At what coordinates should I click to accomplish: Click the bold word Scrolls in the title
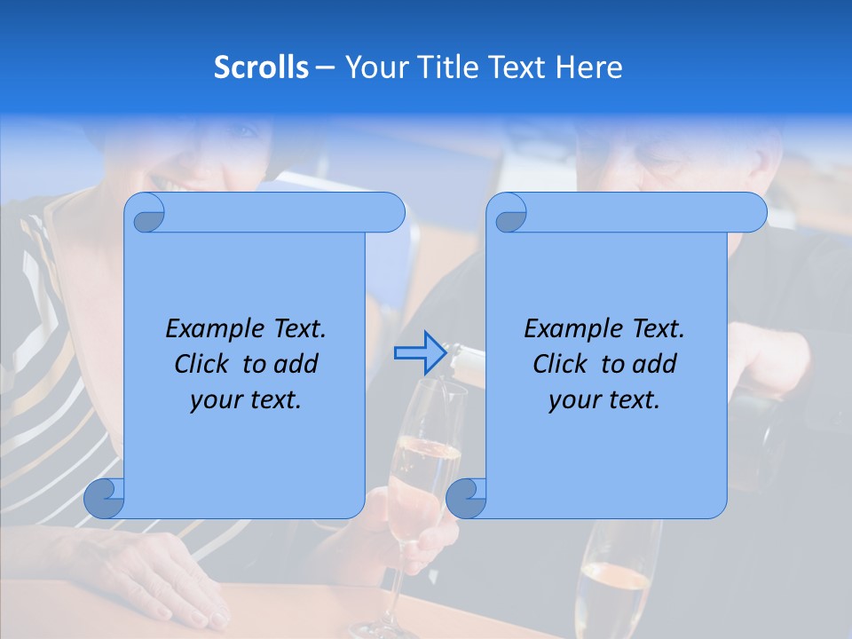261,67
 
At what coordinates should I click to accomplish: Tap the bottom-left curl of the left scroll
104,498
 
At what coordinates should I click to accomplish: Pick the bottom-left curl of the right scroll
466,498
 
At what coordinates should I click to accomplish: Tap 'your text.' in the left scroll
246,399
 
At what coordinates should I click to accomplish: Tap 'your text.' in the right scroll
604,399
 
